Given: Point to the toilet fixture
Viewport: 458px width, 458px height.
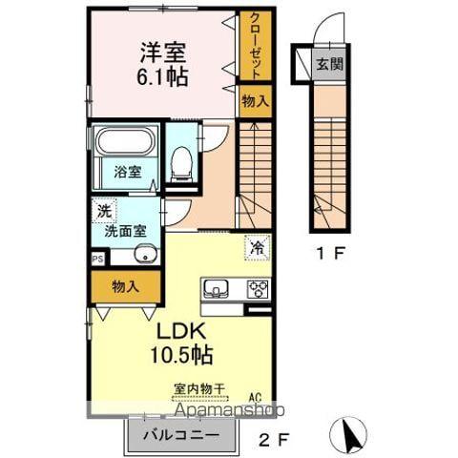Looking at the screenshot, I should click(x=180, y=163).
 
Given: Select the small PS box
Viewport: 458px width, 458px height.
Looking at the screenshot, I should click(x=96, y=259).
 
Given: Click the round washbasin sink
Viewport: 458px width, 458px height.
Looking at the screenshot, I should click(x=144, y=254).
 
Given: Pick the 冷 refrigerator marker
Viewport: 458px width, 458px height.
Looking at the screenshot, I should click(x=256, y=245).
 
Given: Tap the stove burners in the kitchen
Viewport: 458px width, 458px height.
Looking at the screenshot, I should click(x=258, y=289).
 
